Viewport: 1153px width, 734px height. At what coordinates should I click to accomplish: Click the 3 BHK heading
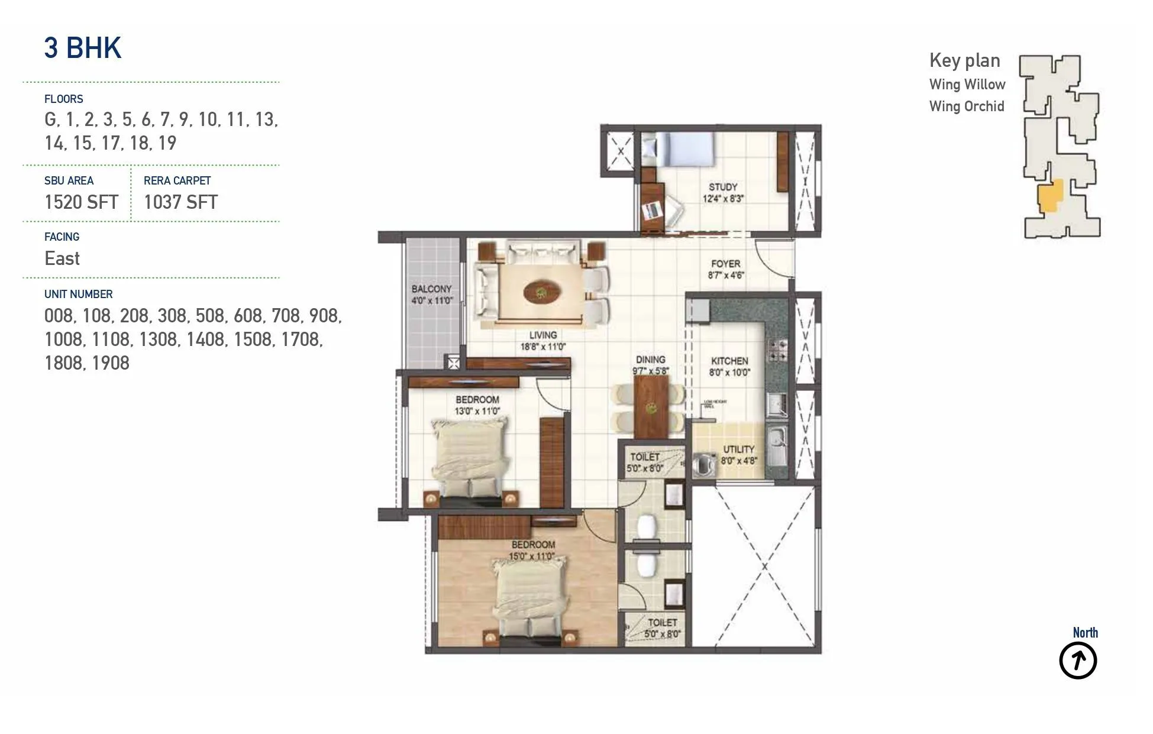pyautogui.click(x=83, y=47)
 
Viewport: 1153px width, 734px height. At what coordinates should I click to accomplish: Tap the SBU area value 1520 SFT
pyautogui.click(x=82, y=202)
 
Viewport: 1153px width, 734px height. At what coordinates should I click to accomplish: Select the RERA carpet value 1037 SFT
pyautogui.click(x=180, y=202)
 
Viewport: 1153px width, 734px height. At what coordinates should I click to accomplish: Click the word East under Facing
pyautogui.click(x=62, y=258)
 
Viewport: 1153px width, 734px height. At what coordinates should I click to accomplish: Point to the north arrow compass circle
pyautogui.click(x=1077, y=661)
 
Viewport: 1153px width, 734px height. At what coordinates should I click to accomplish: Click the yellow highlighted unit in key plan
pyautogui.click(x=1051, y=196)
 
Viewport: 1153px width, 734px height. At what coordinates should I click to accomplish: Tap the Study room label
pyautogui.click(x=723, y=187)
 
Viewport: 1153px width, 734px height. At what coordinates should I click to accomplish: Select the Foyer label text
pyautogui.click(x=726, y=264)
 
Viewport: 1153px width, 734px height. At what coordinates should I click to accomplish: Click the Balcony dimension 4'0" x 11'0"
pyautogui.click(x=432, y=300)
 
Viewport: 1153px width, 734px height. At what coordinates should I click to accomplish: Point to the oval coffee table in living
pyautogui.click(x=541, y=292)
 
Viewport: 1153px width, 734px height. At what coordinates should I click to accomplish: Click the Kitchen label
pyautogui.click(x=729, y=361)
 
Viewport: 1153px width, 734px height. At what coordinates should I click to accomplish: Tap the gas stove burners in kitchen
pyautogui.click(x=777, y=350)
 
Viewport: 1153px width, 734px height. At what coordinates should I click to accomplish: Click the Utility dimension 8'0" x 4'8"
pyautogui.click(x=739, y=460)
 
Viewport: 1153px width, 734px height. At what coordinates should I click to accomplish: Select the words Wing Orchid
pyautogui.click(x=967, y=106)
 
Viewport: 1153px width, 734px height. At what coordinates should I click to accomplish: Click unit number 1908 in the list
pyautogui.click(x=111, y=363)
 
